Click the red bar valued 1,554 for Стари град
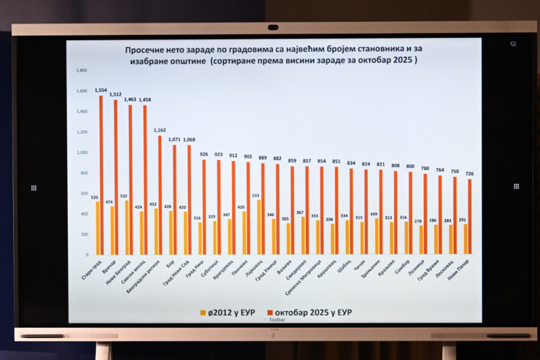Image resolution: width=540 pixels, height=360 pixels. coord(100,174)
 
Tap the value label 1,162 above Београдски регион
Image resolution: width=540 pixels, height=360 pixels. coord(159,130)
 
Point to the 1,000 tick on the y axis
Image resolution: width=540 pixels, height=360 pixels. coord(82,152)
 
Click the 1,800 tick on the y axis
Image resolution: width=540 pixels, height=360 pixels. coord(82,71)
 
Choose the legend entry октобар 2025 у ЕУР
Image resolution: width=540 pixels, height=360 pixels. coord(314,313)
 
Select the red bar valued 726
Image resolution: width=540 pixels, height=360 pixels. coord(470,217)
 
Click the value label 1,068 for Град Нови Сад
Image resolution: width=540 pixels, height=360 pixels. coord(188,140)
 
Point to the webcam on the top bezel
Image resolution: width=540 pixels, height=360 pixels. coord(274,27)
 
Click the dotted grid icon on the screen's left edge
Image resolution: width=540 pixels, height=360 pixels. coord(34,187)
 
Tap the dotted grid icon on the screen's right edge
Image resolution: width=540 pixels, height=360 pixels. coord(516,186)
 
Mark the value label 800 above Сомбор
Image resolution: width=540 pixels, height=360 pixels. coord(410,166)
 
